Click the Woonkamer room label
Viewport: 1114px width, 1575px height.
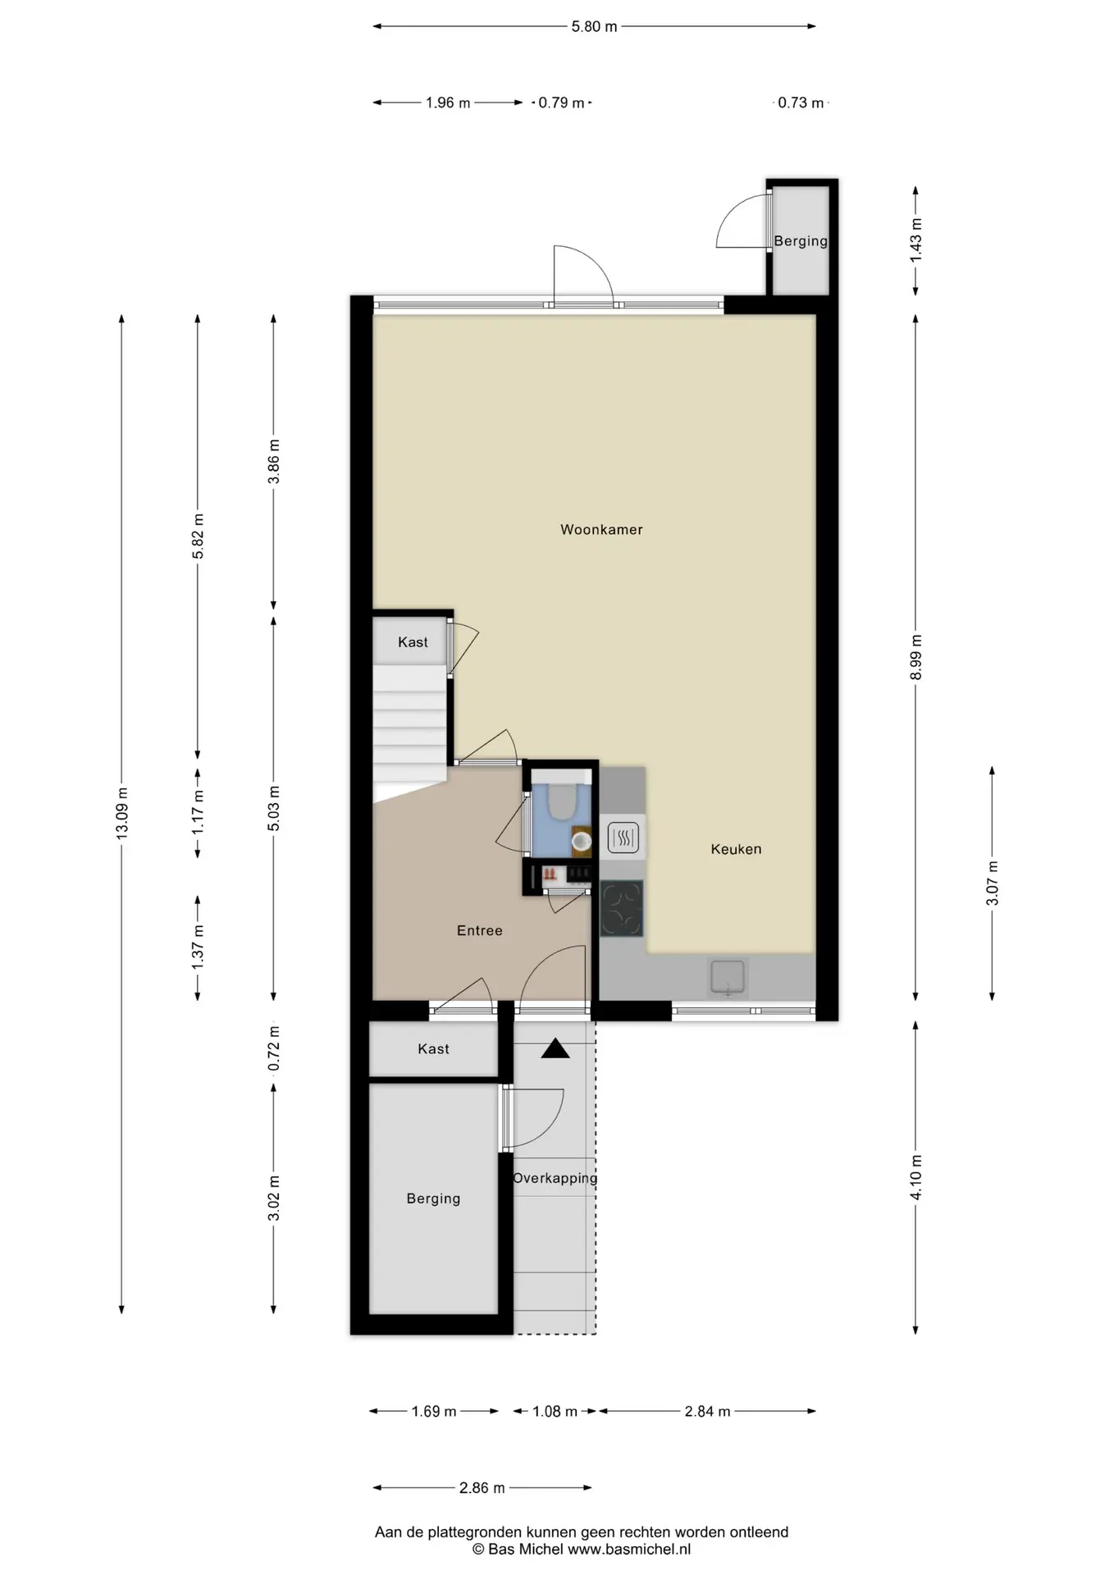click(601, 530)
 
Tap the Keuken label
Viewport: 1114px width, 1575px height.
click(736, 849)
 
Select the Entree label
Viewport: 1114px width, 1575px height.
click(479, 930)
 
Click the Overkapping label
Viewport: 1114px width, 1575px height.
click(555, 1178)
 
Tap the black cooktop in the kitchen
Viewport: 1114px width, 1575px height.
click(622, 909)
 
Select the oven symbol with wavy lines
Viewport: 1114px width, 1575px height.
click(623, 838)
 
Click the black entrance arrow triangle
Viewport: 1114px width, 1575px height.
click(555, 1048)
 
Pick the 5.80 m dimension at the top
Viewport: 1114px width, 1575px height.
click(595, 26)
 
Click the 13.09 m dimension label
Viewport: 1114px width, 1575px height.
click(121, 812)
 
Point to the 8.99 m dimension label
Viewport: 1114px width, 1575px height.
click(916, 657)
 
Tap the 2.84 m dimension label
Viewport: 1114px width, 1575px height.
click(707, 1411)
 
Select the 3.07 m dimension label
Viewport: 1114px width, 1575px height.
click(993, 883)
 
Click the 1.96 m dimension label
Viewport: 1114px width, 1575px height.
click(448, 103)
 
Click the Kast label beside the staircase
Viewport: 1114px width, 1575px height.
click(413, 642)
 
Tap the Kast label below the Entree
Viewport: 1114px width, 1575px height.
click(433, 1048)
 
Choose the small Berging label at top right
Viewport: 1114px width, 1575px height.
click(801, 241)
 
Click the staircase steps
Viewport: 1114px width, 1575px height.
click(410, 726)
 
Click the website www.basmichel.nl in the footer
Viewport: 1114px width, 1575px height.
click(629, 1550)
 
